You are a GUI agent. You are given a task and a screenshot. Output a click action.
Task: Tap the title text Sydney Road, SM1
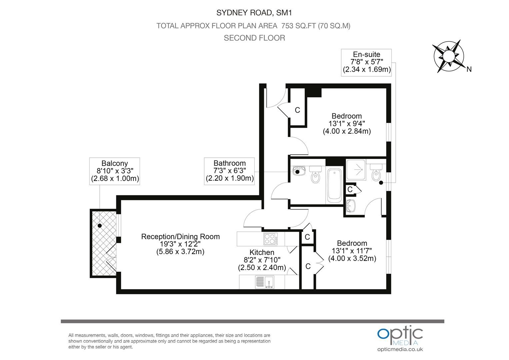[254, 13]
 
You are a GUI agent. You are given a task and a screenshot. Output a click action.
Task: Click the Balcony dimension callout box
[115, 171]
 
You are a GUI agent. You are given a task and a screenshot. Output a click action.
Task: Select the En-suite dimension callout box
[366, 63]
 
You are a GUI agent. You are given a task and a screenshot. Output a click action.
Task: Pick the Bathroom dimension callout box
[229, 171]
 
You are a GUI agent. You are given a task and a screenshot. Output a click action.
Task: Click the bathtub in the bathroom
[334, 185]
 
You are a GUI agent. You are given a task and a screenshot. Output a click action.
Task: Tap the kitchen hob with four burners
[270, 239]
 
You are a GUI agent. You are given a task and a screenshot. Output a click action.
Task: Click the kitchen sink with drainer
[264, 282]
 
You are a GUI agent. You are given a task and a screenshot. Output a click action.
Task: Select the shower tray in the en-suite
[356, 170]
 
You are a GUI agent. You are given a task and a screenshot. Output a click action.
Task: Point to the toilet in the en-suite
[376, 173]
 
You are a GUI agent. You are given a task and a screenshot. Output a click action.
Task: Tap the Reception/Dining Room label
[180, 237]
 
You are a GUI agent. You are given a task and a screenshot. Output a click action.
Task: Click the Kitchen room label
[262, 252]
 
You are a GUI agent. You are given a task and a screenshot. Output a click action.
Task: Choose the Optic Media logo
[400, 335]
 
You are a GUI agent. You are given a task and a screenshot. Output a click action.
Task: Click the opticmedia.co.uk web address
[400, 349]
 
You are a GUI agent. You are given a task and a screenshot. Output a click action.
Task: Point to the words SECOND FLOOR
[254, 38]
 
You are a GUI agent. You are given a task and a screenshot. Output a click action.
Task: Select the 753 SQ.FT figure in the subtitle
[299, 26]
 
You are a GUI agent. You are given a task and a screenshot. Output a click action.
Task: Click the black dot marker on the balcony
[100, 226]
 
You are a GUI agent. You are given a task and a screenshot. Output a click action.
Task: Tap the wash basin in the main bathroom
[299, 171]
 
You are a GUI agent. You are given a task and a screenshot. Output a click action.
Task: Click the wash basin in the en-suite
[351, 206]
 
